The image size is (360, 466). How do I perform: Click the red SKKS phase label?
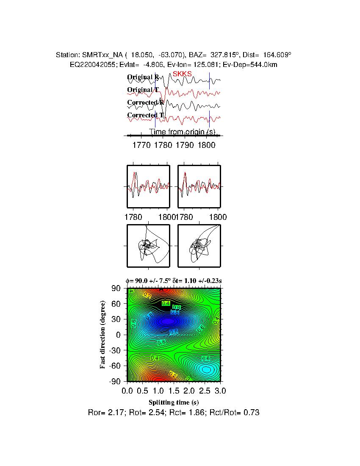[182, 74]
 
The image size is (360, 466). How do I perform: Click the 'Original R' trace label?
[143, 77]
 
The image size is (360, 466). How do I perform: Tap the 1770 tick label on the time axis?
[141, 145]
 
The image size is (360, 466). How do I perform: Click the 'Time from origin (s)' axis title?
[182, 132]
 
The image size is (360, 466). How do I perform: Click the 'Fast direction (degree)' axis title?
[103, 335]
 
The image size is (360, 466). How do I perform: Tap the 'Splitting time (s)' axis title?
[174, 402]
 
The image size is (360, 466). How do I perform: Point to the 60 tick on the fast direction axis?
[117, 304]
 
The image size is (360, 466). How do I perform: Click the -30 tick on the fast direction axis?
[116, 350]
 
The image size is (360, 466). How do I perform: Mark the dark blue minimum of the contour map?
[168, 321]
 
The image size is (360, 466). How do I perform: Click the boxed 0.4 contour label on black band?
[166, 303]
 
